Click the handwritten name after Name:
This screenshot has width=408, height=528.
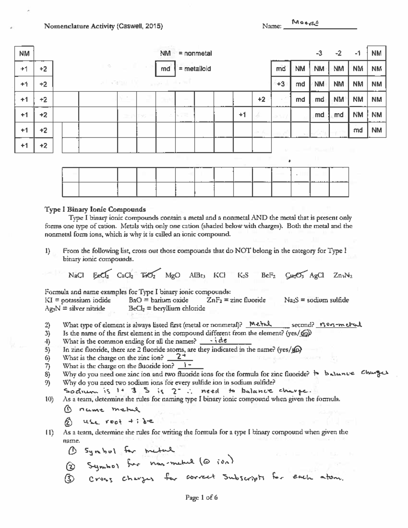305,23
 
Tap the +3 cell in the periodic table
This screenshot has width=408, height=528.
280,84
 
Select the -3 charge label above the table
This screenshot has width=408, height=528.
319,53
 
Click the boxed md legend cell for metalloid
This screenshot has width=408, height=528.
165,69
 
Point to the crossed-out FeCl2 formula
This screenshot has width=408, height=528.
101,275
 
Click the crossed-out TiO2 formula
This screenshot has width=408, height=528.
148,275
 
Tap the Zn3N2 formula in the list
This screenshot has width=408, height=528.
343,275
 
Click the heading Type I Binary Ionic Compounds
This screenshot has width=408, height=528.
95,209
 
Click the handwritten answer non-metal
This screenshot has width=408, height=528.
338,324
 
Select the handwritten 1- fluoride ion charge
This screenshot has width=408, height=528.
187,365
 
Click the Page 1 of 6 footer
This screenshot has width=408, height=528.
201,497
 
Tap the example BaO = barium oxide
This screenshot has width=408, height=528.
158,300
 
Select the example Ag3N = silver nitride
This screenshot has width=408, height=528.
75,308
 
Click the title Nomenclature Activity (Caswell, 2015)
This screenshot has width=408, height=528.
103,26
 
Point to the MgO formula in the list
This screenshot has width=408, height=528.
172,275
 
